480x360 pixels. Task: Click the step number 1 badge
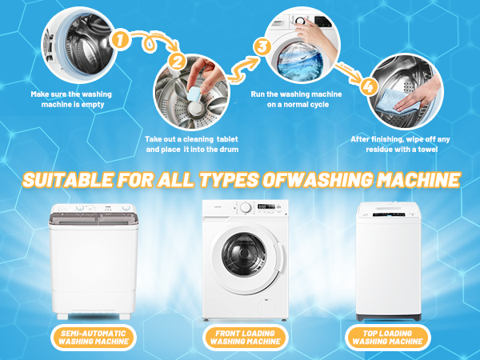[120, 40]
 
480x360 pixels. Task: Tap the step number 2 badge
[178, 62]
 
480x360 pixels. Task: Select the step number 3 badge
[262, 47]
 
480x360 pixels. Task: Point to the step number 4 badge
[369, 86]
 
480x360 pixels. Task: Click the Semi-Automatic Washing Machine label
[94, 338]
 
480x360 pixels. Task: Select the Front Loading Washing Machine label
[246, 338]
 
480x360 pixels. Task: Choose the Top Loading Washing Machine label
[387, 338]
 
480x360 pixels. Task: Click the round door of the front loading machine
[245, 254]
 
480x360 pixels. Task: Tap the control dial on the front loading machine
[246, 207]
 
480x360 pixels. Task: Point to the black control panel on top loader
[389, 214]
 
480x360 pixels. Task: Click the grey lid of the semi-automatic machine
[94, 218]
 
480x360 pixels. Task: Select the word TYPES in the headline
[230, 180]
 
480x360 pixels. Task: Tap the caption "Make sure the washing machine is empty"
[71, 99]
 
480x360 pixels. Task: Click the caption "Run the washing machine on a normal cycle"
[296, 99]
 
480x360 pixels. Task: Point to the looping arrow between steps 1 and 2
[150, 42]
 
